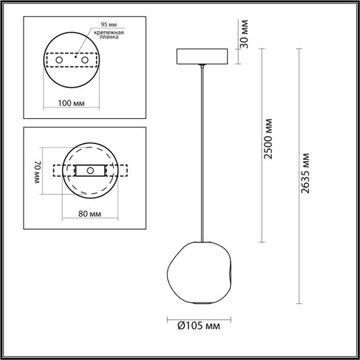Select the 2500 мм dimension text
268,138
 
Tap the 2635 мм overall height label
306,175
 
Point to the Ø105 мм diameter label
198,327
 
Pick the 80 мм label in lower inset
90,214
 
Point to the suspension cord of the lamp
202,152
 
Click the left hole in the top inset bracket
59,59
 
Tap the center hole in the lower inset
90,171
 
